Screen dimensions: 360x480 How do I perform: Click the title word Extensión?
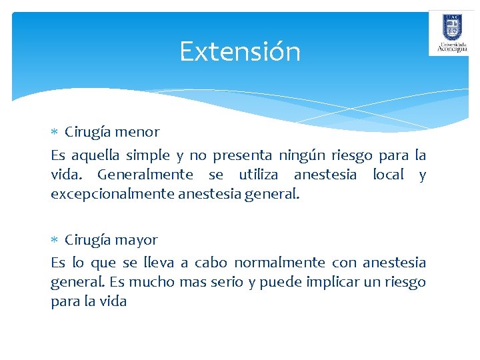tap(240, 51)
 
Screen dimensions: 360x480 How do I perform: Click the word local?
tap(387, 175)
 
